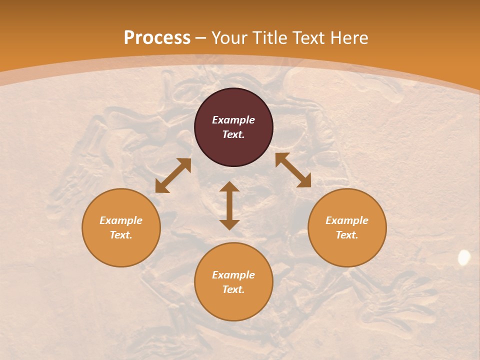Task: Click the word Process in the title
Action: [157, 38]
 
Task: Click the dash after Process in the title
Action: [201, 38]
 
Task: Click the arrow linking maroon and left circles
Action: [173, 175]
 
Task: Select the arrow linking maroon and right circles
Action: [293, 170]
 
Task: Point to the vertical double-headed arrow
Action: [229, 205]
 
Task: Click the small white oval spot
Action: [464, 257]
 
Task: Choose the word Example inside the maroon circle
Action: [233, 120]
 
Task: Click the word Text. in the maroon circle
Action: [233, 134]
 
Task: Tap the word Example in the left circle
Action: [121, 220]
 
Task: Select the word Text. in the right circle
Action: [347, 235]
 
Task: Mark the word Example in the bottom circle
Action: [233, 275]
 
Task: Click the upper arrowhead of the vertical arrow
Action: [229, 186]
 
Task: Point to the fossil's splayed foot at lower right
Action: [400, 300]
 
